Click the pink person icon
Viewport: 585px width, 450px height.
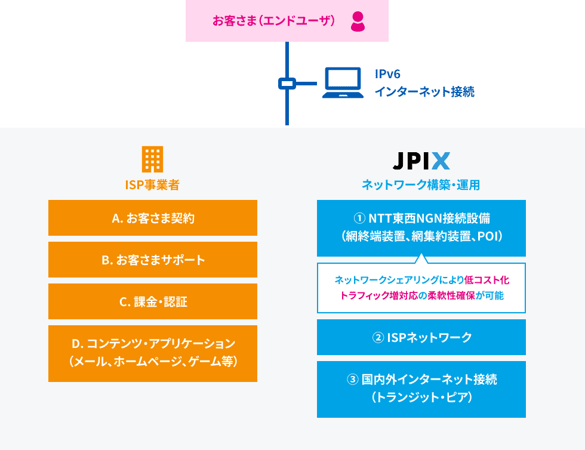click(x=358, y=21)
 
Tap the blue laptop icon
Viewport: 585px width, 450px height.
click(x=343, y=83)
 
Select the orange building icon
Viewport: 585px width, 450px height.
click(x=152, y=159)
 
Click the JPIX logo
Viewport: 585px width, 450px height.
click(x=421, y=161)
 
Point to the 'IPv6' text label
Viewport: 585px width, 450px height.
click(x=387, y=74)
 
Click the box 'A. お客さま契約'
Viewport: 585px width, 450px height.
click(x=153, y=218)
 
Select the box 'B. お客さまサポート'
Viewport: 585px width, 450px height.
click(x=153, y=260)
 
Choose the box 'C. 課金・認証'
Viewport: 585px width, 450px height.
click(x=153, y=301)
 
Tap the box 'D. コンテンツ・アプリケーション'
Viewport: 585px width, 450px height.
click(x=153, y=353)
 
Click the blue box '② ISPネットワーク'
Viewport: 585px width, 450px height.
click(x=421, y=337)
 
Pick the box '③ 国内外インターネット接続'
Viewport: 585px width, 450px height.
click(x=421, y=389)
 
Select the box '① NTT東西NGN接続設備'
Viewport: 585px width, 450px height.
click(x=421, y=227)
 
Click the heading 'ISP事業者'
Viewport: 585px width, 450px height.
click(x=152, y=185)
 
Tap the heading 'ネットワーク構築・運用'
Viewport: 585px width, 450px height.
click(x=421, y=185)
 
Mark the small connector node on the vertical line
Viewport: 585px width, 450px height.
click(x=287, y=84)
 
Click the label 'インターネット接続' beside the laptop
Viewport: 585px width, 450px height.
click(x=424, y=92)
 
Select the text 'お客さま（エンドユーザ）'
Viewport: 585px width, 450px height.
click(x=273, y=21)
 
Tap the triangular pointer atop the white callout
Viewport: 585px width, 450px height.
click(x=421, y=258)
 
